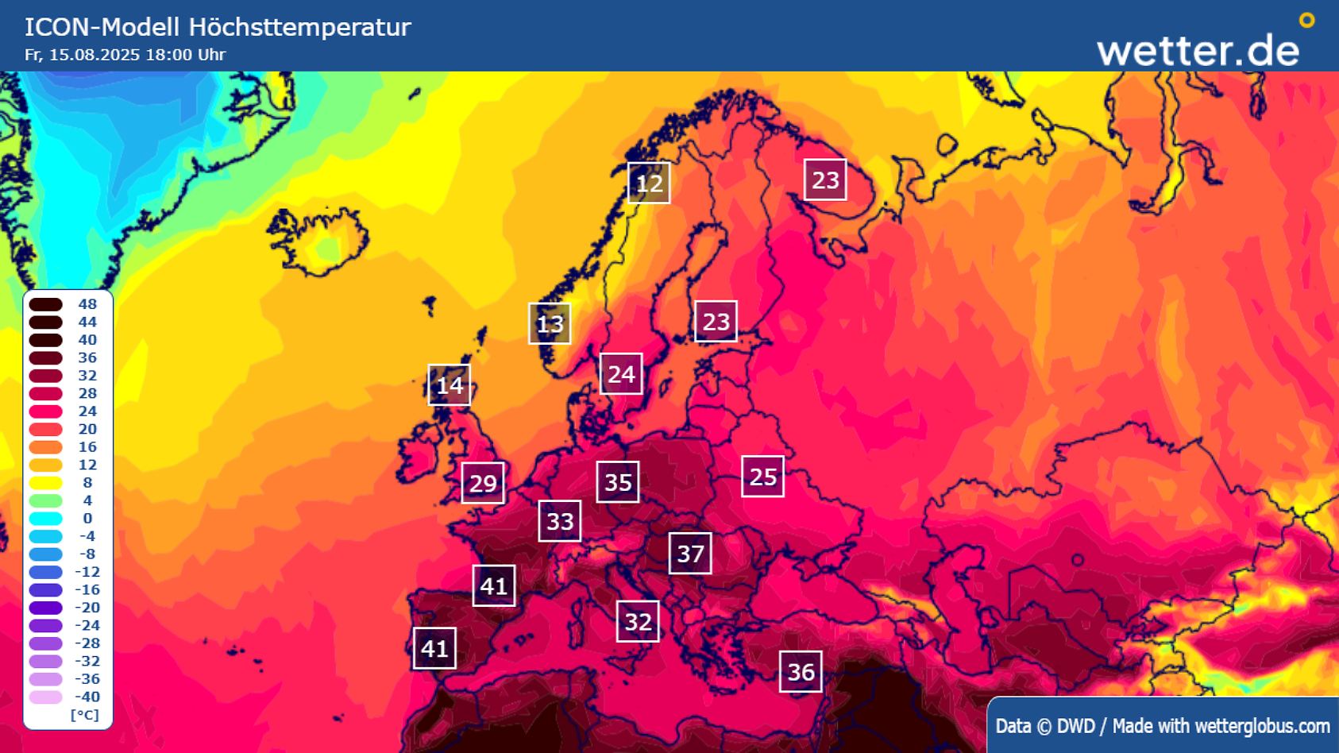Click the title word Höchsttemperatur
click(299, 27)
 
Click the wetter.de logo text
click(1197, 50)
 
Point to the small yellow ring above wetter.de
click(1306, 21)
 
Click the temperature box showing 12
click(649, 183)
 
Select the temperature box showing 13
click(550, 324)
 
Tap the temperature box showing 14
click(449, 385)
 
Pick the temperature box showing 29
click(483, 483)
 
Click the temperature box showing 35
click(618, 482)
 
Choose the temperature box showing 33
click(559, 521)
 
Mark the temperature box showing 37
click(690, 554)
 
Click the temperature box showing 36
click(801, 672)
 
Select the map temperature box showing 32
click(638, 621)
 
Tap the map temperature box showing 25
click(762, 477)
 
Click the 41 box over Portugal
click(434, 649)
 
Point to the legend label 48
click(87, 304)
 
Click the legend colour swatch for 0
click(46, 519)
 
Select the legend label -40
click(87, 697)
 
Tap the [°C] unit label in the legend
click(85, 715)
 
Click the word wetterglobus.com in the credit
click(1262, 726)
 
